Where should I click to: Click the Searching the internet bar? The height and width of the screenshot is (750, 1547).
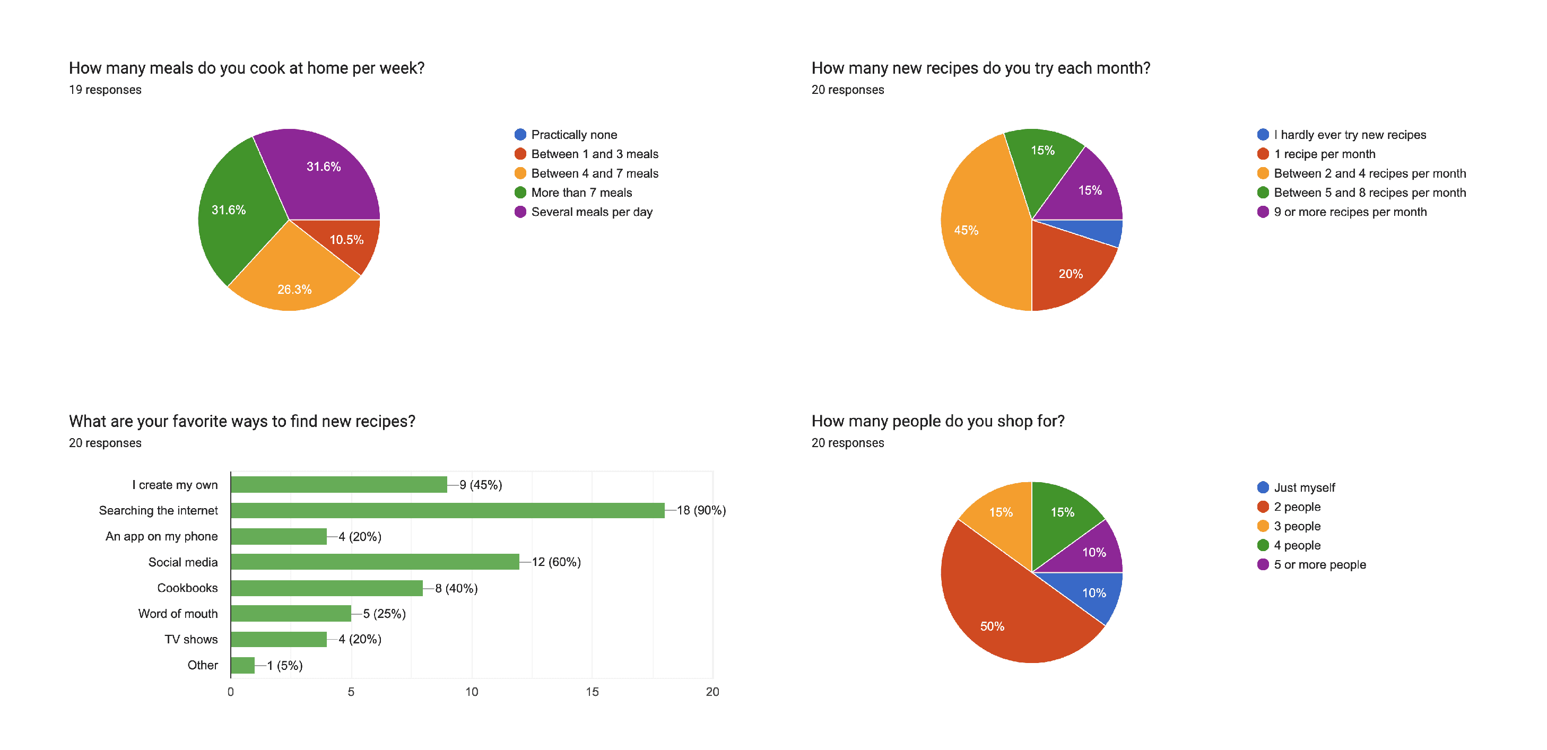[447, 510]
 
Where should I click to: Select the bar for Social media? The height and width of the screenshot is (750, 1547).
[375, 562]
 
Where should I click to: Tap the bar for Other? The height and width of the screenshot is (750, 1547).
[242, 665]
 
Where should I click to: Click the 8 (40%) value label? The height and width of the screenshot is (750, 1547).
[456, 588]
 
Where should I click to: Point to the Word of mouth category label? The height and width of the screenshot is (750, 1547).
[178, 614]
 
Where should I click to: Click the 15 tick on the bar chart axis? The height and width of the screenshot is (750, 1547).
[592, 692]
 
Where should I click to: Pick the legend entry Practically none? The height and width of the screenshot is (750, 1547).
[573, 135]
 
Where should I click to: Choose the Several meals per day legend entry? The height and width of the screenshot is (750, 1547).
[592, 212]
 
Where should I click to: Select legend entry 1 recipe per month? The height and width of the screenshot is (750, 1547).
[1324, 154]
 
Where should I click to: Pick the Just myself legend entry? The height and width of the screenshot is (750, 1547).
[1304, 487]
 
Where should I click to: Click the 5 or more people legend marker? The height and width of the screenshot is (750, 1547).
[1263, 564]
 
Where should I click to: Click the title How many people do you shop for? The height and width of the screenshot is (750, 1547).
[937, 421]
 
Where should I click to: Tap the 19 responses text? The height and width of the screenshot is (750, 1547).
[105, 90]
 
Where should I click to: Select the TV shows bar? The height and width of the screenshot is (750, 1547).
[279, 640]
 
